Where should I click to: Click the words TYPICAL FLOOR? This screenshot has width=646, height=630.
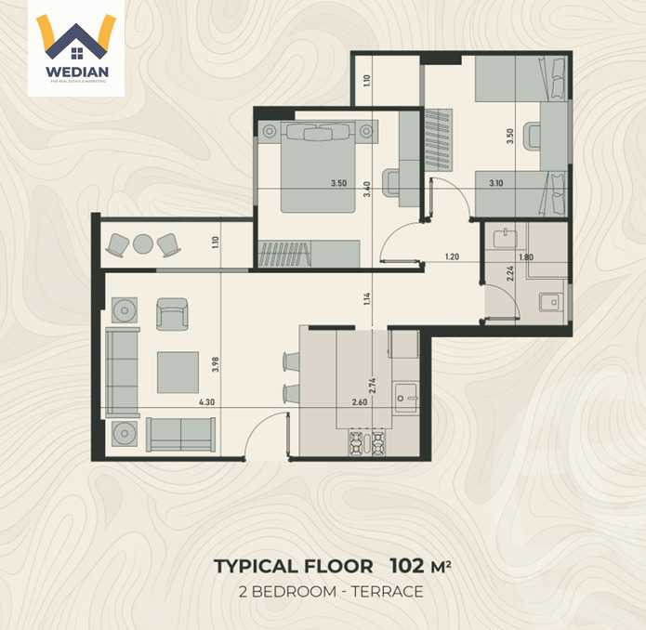point(294,566)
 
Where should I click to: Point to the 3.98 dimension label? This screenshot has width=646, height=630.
point(216,365)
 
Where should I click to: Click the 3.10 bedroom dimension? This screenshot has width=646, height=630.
point(497,183)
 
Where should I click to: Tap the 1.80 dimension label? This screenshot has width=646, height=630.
point(526,256)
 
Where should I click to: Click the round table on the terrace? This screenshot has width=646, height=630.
point(142,244)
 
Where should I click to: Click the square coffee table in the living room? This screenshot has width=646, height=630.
point(177,372)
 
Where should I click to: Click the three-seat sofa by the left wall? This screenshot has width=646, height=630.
point(122,372)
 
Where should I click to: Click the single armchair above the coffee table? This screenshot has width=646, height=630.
point(172,313)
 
